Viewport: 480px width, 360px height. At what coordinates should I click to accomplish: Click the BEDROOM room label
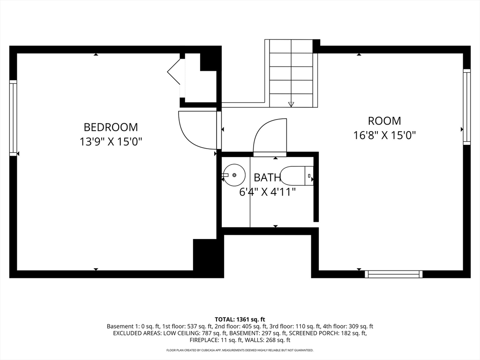click(111, 127)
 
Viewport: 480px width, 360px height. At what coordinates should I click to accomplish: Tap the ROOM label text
click(384, 121)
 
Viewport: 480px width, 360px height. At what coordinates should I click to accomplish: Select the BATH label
click(267, 177)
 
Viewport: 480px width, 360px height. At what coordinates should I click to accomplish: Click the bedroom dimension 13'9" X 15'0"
click(111, 142)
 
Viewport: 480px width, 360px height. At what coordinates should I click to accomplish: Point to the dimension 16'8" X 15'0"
click(384, 135)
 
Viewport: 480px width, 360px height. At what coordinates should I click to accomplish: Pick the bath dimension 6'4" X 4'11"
click(267, 192)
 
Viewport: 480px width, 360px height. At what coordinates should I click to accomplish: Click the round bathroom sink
click(234, 175)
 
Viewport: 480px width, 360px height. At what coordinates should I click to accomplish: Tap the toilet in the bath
click(297, 176)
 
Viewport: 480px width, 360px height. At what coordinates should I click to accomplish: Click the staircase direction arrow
click(291, 104)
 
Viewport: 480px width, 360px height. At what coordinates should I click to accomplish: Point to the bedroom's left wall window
click(13, 118)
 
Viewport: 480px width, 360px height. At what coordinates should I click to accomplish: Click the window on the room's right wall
click(466, 107)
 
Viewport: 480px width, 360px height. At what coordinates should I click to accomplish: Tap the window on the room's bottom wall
click(394, 274)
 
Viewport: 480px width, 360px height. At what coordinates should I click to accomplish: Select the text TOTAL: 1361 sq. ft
click(240, 320)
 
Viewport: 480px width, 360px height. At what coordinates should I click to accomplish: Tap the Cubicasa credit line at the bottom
click(240, 350)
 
